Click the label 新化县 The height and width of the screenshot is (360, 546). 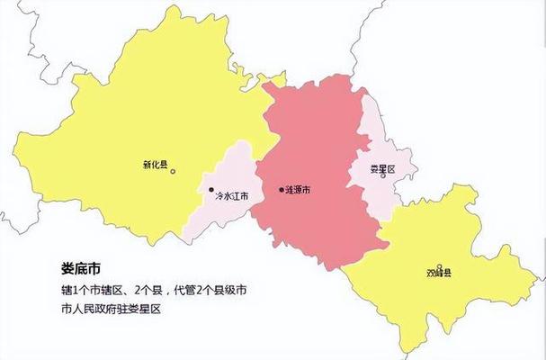pyautogui.click(x=155, y=166)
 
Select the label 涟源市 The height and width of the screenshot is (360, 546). pyautogui.click(x=299, y=190)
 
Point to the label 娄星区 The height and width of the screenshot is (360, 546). pyautogui.click(x=382, y=168)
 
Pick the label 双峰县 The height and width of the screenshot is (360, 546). pyautogui.click(x=440, y=273)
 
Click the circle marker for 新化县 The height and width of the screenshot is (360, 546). pyautogui.click(x=174, y=170)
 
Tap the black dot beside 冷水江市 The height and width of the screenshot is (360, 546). pyautogui.click(x=211, y=190)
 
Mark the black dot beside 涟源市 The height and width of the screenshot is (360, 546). pyautogui.click(x=282, y=190)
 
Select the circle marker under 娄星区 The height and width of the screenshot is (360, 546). pyautogui.click(x=382, y=176)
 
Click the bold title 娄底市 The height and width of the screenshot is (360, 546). pyautogui.click(x=80, y=268)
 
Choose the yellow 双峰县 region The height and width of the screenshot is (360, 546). pyautogui.click(x=450, y=297)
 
